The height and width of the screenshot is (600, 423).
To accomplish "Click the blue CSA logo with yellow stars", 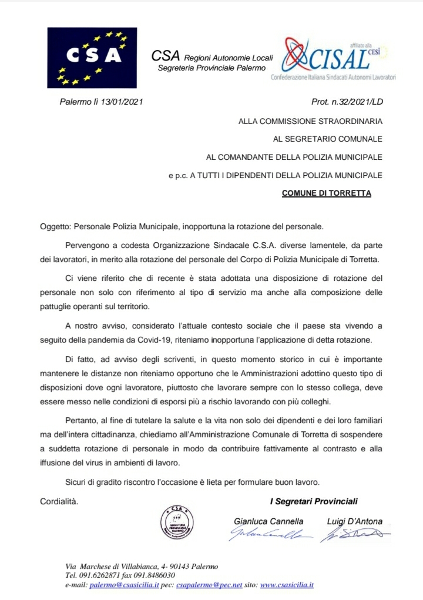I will tap(92, 58).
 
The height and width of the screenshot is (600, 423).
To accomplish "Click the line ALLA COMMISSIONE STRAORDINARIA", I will tap(310, 122).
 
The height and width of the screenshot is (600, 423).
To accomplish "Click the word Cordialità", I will tap(59, 501).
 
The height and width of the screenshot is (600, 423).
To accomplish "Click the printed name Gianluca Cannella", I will tap(268, 521).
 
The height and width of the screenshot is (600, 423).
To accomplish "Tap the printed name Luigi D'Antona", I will tap(354, 521).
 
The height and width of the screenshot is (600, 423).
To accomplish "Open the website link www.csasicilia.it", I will tap(286, 585).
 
